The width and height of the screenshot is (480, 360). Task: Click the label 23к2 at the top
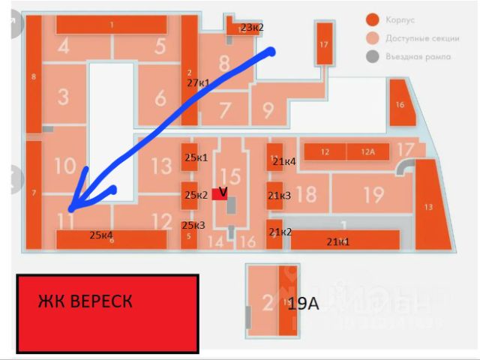pyautogui.click(x=252, y=28)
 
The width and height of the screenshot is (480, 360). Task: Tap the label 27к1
pyautogui.click(x=198, y=82)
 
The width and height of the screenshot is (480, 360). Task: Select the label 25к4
pyautogui.click(x=101, y=235)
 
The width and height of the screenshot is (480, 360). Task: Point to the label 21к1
pyautogui.click(x=338, y=241)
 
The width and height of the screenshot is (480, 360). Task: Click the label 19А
pyautogui.click(x=304, y=304)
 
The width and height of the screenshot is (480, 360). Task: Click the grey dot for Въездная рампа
pyautogui.click(x=371, y=56)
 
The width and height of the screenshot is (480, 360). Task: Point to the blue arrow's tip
pyautogui.click(x=69, y=208)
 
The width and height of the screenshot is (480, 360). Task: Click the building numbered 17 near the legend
pyautogui.click(x=323, y=44)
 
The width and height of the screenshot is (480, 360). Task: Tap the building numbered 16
pyautogui.click(x=400, y=104)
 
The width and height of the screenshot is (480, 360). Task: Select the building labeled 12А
pyautogui.click(x=367, y=152)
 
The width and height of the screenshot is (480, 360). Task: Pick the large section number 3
pyautogui.click(x=63, y=97)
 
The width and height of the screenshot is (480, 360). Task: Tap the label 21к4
pyautogui.click(x=284, y=161)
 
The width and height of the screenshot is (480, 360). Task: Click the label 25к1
pyautogui.click(x=195, y=157)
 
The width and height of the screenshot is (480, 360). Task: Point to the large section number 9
pyautogui.click(x=268, y=110)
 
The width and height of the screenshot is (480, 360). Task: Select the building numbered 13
pyautogui.click(x=428, y=206)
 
